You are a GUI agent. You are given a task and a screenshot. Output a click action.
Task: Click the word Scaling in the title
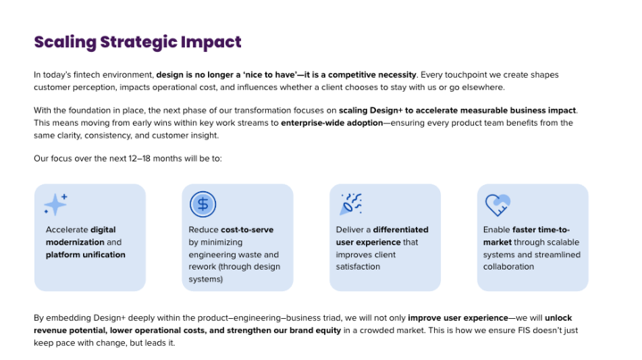point(64,42)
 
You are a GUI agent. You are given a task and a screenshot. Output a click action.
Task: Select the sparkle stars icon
point(56,204)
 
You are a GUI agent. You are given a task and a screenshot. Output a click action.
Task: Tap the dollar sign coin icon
point(203,204)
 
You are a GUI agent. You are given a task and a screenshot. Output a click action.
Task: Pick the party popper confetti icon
point(351,204)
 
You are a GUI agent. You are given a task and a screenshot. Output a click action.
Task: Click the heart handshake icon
point(497,205)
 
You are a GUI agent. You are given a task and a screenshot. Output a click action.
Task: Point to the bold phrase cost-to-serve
point(247,230)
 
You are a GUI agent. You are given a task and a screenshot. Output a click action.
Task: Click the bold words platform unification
point(86,255)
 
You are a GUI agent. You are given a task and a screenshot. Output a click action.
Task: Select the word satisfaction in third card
point(358,266)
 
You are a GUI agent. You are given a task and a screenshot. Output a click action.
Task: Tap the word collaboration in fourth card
point(509,266)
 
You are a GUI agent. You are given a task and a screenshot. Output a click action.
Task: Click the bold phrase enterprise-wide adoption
point(332,123)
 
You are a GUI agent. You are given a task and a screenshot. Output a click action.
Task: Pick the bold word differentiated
point(401,230)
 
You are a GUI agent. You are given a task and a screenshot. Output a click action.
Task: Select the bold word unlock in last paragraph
point(558,318)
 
